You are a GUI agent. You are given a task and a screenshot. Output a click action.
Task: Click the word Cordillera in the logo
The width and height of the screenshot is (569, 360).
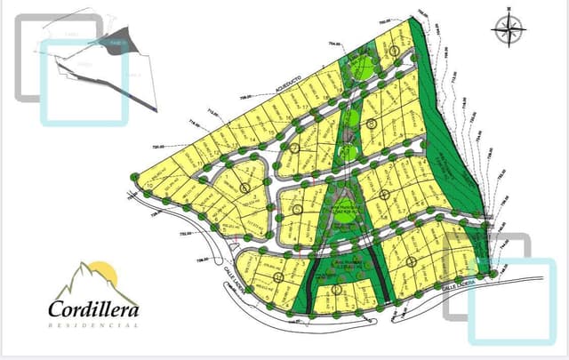[94, 310]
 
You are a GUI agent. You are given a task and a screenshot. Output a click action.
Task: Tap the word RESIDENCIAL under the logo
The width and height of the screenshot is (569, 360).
[93, 326]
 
